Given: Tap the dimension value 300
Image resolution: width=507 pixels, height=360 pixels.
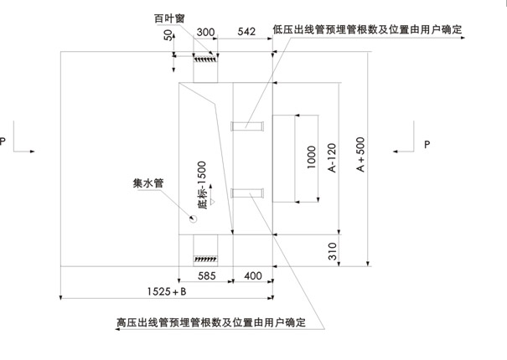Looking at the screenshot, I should (206, 31).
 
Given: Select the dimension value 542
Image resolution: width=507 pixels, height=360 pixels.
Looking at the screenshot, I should (246, 31).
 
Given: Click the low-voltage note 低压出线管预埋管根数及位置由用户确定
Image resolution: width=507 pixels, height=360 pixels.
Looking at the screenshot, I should (369, 29).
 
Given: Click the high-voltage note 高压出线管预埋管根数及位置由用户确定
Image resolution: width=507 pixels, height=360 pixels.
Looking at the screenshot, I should (210, 322).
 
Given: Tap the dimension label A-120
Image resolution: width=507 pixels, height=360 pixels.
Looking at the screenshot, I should (333, 157).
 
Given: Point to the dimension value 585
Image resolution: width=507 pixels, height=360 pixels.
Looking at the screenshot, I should (207, 275).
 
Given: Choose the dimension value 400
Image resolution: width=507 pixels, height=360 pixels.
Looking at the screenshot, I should (252, 275).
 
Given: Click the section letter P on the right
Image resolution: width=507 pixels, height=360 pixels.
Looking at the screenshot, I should (427, 145).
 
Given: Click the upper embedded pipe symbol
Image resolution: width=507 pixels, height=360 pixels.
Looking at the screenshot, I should (246, 126).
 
